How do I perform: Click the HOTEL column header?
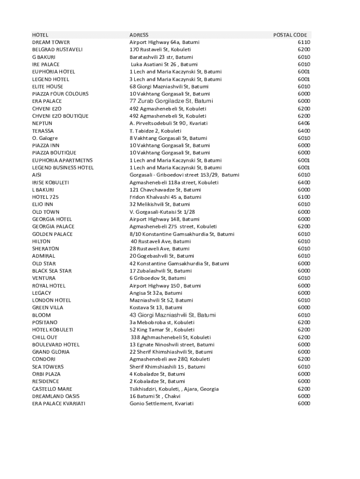[40, 35]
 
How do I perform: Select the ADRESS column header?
[139, 35]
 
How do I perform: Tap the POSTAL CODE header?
[290, 35]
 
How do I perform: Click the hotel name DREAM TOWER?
[51, 42]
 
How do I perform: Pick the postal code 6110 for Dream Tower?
[303, 42]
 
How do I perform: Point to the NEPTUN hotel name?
[42, 123]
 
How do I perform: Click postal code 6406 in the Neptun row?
[303, 123]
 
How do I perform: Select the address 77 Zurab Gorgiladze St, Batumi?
[171, 101]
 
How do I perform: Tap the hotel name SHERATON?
[45, 249]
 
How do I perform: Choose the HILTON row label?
[41, 241]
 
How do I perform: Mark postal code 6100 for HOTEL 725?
[303, 197]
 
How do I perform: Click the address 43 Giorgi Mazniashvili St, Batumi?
[173, 315]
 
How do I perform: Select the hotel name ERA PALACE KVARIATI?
[58, 404]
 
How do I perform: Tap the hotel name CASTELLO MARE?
[52, 389]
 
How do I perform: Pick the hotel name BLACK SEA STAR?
[52, 271]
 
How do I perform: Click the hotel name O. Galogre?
[45, 138]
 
